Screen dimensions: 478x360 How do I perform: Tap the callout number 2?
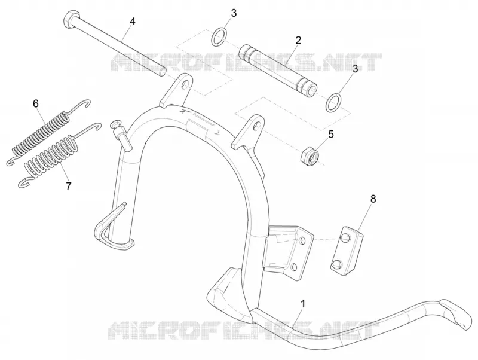point(298,40)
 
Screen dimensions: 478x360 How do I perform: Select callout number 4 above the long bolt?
point(132,22)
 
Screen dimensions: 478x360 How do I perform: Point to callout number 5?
point(331,134)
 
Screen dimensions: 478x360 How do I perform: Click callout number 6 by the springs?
point(36,103)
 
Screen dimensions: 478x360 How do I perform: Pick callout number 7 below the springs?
point(69,186)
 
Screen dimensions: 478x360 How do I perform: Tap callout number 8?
point(373,199)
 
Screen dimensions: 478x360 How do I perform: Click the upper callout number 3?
point(233,13)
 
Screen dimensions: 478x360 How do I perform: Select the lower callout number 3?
point(355,69)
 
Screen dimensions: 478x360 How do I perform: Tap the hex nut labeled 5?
point(310,155)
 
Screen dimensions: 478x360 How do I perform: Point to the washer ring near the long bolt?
point(219,36)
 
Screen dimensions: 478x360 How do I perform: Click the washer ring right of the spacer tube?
point(333,102)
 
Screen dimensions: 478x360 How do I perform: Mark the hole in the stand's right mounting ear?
point(257,126)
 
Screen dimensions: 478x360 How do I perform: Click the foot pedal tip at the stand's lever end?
point(456,314)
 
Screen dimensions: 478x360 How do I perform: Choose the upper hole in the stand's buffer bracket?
point(302,241)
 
